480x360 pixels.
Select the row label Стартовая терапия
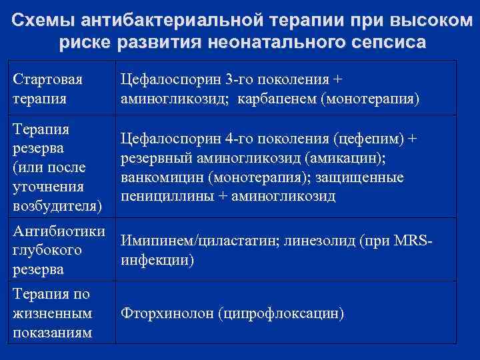click(48, 89)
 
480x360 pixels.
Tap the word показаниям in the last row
click(53, 332)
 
